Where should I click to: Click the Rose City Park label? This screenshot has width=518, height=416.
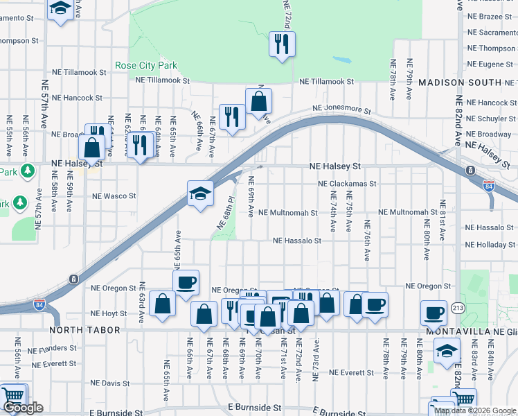[x=146, y=66]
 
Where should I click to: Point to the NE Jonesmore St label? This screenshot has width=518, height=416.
[x=341, y=110]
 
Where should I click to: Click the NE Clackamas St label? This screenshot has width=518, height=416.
[x=347, y=184]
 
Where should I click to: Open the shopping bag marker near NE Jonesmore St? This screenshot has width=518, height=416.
[x=258, y=101]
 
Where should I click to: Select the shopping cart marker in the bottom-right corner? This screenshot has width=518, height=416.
[x=463, y=399]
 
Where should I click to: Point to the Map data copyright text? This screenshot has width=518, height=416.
[x=474, y=410]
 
